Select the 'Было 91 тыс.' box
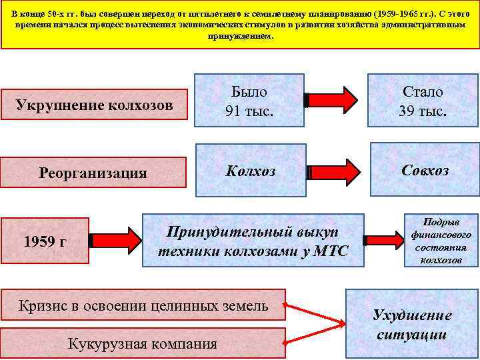249,101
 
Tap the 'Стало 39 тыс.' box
423,101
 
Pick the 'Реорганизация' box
93,173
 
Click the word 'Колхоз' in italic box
249,171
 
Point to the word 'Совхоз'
425,171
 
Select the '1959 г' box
45,240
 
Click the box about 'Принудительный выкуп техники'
253,241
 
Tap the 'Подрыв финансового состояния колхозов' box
441,241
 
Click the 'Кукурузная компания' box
143,344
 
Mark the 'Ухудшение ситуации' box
411,325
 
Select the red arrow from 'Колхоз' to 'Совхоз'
337,171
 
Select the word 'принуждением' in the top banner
240,37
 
